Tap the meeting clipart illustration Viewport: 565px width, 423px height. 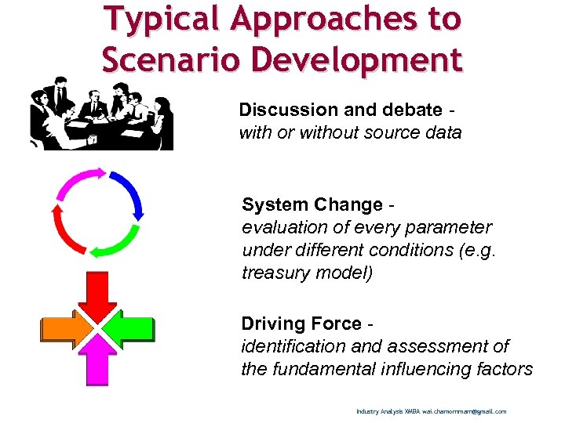tap(101, 114)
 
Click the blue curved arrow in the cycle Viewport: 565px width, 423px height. tap(129, 193)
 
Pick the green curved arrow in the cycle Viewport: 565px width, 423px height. tap(118, 243)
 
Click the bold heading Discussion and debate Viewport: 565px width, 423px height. tap(340, 110)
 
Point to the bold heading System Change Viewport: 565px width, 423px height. tap(312, 204)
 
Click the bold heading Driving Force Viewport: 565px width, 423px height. tap(301, 324)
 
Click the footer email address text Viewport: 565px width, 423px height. tap(464, 411)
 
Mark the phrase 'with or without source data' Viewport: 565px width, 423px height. tap(350, 132)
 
